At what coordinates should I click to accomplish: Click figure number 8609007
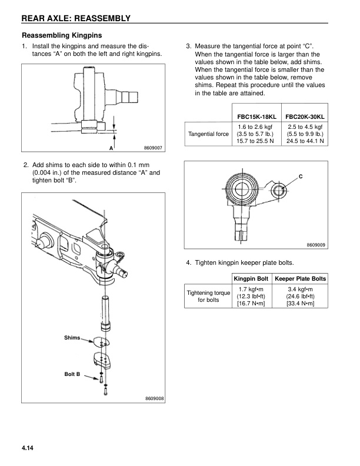153,148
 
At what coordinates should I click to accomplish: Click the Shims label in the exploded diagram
72,338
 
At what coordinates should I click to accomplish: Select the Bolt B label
72,374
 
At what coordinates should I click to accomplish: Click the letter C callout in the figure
301,177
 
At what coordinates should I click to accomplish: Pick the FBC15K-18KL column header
257,116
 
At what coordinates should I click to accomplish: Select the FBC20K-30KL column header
305,116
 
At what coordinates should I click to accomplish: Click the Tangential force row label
208,134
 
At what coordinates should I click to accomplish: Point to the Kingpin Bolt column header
251,278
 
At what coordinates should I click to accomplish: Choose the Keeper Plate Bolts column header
301,278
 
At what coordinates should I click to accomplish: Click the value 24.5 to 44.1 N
305,142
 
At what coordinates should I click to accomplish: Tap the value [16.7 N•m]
251,304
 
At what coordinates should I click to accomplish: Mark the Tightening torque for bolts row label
208,296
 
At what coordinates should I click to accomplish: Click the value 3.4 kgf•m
301,289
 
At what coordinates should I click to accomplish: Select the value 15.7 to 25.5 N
257,142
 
